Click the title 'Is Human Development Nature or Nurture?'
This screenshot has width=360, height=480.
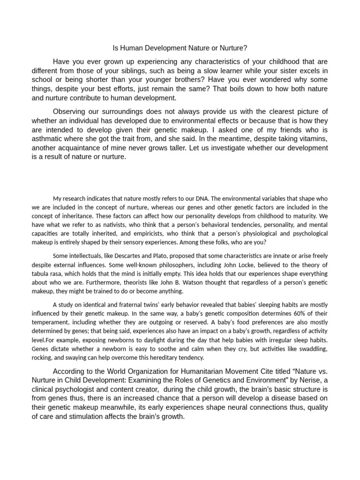tap(180, 48)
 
